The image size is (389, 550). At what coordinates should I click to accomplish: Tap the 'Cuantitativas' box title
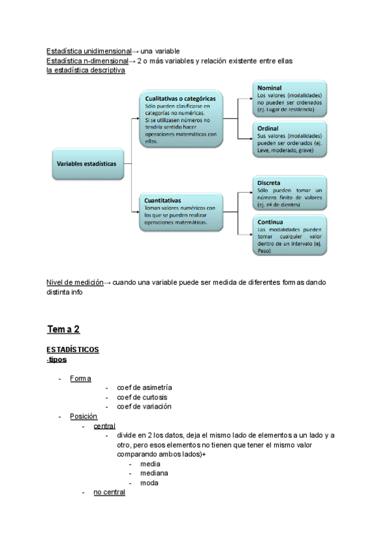click(163, 200)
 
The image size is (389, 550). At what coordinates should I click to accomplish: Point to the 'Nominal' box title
click(270, 88)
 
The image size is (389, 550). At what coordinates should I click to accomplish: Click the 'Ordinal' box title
click(269, 128)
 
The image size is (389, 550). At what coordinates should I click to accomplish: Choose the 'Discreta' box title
click(270, 183)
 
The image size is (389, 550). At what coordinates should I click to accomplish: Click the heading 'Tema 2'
click(63, 329)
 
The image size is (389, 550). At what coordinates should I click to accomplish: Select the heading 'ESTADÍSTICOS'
click(73, 350)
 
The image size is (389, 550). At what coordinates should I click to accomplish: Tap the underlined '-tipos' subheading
click(56, 360)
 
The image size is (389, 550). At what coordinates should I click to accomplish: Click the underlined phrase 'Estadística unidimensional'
click(89, 51)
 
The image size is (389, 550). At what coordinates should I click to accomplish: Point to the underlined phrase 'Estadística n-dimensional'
click(88, 61)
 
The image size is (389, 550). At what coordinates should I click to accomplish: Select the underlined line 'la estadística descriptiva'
click(86, 70)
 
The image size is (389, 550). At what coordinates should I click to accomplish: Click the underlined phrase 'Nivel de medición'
click(75, 283)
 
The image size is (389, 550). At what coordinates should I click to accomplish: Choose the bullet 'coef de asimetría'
click(145, 388)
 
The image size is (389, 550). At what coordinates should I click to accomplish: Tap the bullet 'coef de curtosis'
click(142, 398)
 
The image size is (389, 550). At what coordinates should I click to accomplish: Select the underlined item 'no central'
click(109, 493)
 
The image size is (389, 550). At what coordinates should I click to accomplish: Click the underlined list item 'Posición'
click(84, 416)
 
